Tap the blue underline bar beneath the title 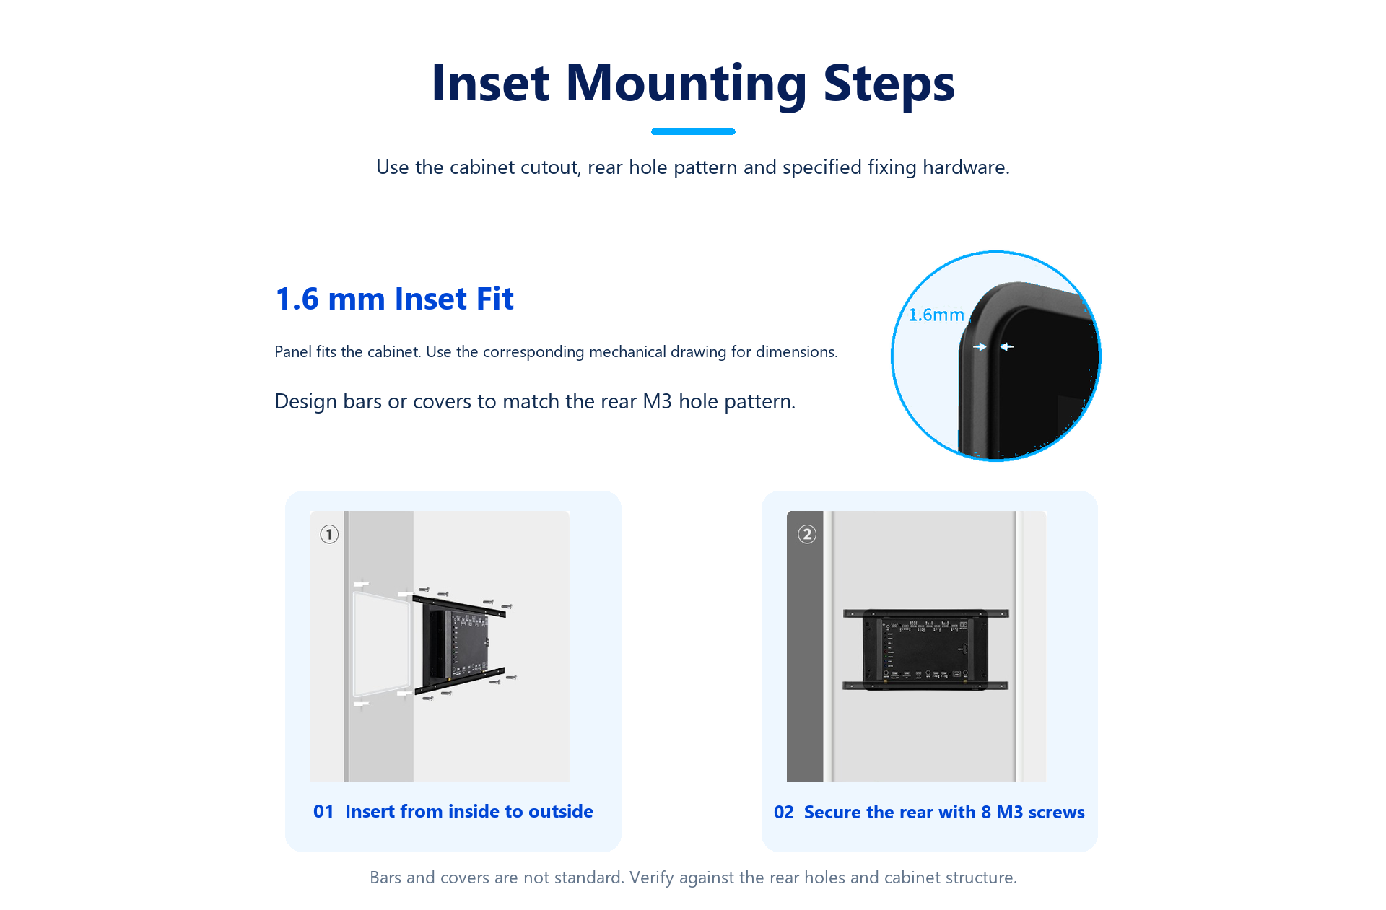pyautogui.click(x=693, y=131)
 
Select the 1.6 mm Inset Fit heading pyautogui.click(x=394, y=299)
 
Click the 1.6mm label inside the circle pyautogui.click(x=936, y=315)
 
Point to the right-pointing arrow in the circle pyautogui.click(x=980, y=347)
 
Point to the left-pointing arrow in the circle pyautogui.click(x=1007, y=347)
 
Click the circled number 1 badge pyautogui.click(x=329, y=534)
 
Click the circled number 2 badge pyautogui.click(x=807, y=534)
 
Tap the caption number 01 pyautogui.click(x=323, y=812)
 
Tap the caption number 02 pyautogui.click(x=784, y=813)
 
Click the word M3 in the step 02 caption pyautogui.click(x=1010, y=813)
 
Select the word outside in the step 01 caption pyautogui.click(x=561, y=812)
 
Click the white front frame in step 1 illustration pyautogui.click(x=382, y=643)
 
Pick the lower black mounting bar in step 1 pyautogui.click(x=459, y=681)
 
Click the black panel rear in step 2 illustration pyautogui.click(x=925, y=649)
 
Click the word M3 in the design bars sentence pyautogui.click(x=657, y=401)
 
